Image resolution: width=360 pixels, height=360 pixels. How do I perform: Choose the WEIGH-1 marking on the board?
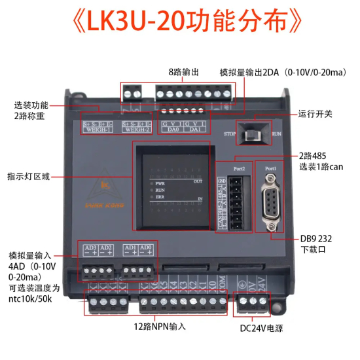pos(97,130)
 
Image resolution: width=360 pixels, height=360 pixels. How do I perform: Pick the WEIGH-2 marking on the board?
pos(136,130)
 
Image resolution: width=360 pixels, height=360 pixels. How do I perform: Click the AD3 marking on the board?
pos(91,248)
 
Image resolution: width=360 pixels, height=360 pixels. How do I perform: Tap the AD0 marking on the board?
pos(148,248)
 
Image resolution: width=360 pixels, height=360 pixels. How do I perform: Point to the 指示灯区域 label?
pos(29,176)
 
